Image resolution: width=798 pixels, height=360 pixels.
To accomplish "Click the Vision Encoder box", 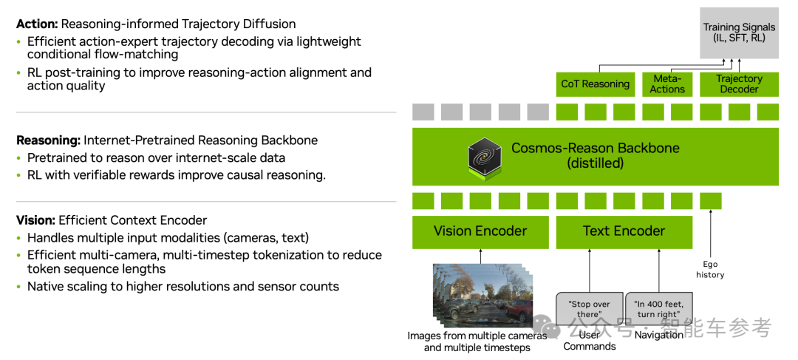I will click(x=480, y=231).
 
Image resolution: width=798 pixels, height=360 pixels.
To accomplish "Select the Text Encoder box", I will click(x=624, y=231).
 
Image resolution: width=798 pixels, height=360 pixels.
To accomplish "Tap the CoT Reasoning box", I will click(x=595, y=84).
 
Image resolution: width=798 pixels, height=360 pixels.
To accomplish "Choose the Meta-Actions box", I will click(x=667, y=84).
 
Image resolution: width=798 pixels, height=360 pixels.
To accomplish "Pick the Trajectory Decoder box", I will click(x=739, y=84).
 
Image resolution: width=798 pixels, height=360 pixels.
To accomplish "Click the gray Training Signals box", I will click(x=739, y=33).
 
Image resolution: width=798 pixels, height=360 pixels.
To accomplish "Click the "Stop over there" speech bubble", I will click(x=589, y=309).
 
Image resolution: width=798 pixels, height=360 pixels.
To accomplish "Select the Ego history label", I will click(x=710, y=269).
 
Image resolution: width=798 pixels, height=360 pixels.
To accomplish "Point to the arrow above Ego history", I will click(x=710, y=233).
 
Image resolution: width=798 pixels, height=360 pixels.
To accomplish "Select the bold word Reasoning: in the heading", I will click(x=48, y=140).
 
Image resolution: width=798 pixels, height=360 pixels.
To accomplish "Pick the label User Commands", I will click(x=589, y=341).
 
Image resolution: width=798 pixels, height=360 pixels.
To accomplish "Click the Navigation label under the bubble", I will click(x=658, y=335).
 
